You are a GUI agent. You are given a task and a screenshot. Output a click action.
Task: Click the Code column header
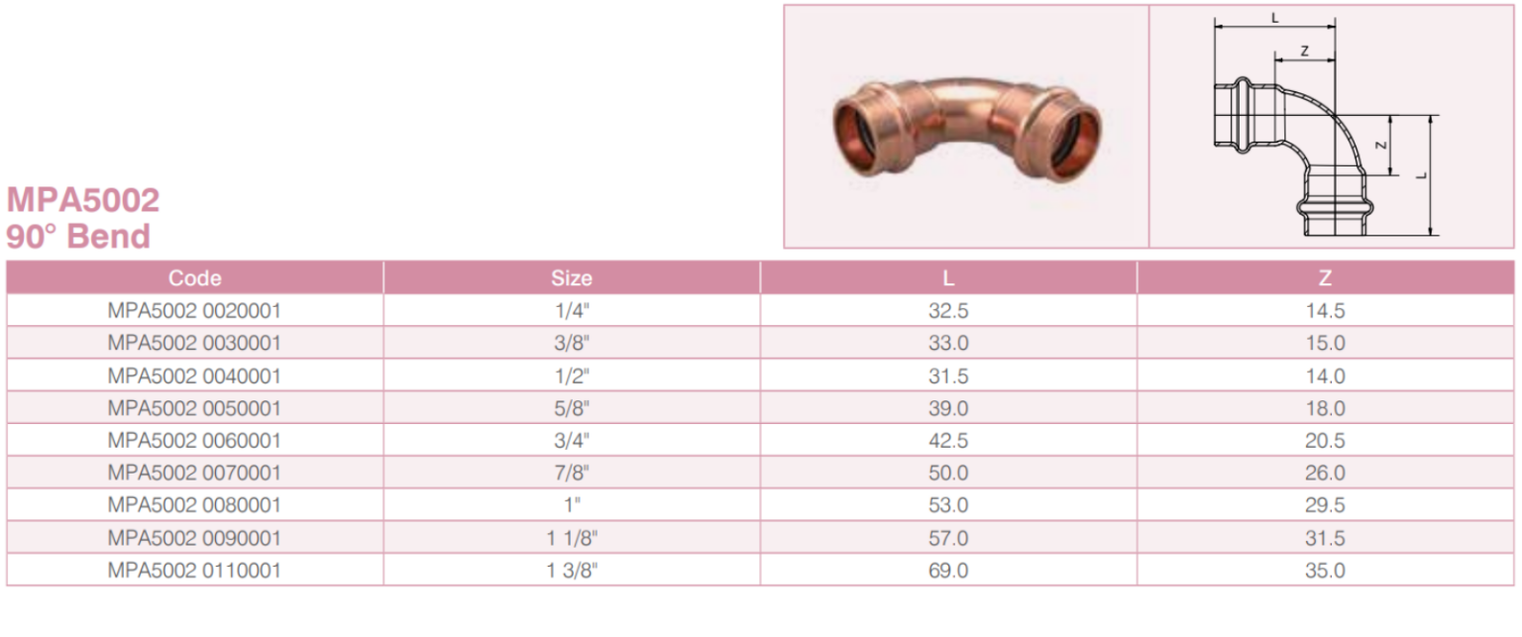click(x=194, y=277)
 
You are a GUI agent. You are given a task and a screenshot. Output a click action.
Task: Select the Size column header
click(x=572, y=277)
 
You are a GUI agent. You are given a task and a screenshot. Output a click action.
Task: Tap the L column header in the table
click(x=948, y=277)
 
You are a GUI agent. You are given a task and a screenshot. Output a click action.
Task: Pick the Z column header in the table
click(x=1325, y=277)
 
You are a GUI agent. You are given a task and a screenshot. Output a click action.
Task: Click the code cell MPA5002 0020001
click(x=194, y=310)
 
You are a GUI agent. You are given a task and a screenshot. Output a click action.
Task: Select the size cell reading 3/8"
click(x=572, y=342)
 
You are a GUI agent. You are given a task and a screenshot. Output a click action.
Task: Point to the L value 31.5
click(x=948, y=375)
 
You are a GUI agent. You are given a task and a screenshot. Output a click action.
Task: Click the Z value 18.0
click(x=1325, y=408)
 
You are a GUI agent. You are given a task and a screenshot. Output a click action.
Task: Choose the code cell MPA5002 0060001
click(x=194, y=440)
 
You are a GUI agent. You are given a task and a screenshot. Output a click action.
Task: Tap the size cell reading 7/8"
click(x=572, y=472)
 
